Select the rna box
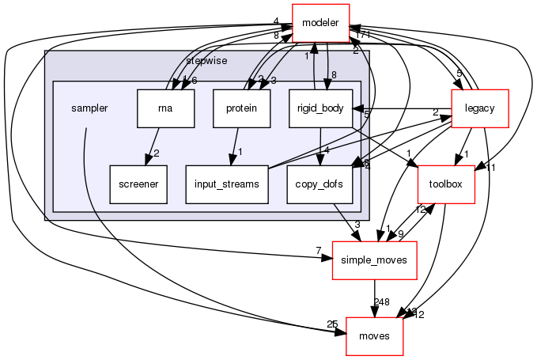165,108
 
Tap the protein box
241,108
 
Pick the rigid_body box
319,108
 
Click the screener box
138,184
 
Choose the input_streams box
227,184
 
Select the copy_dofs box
316,184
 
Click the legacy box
478,108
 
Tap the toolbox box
446,184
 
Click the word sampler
89,108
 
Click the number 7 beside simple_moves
318,251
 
